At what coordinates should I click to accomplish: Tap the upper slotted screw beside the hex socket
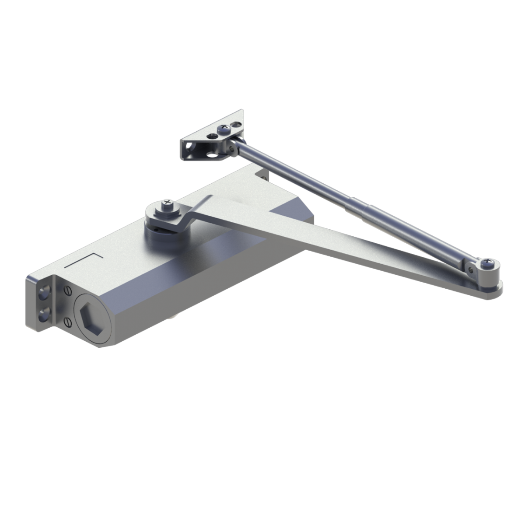point(67,290)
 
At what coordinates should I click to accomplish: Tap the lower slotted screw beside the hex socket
point(67,322)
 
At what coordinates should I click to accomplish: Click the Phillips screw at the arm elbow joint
point(486,264)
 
